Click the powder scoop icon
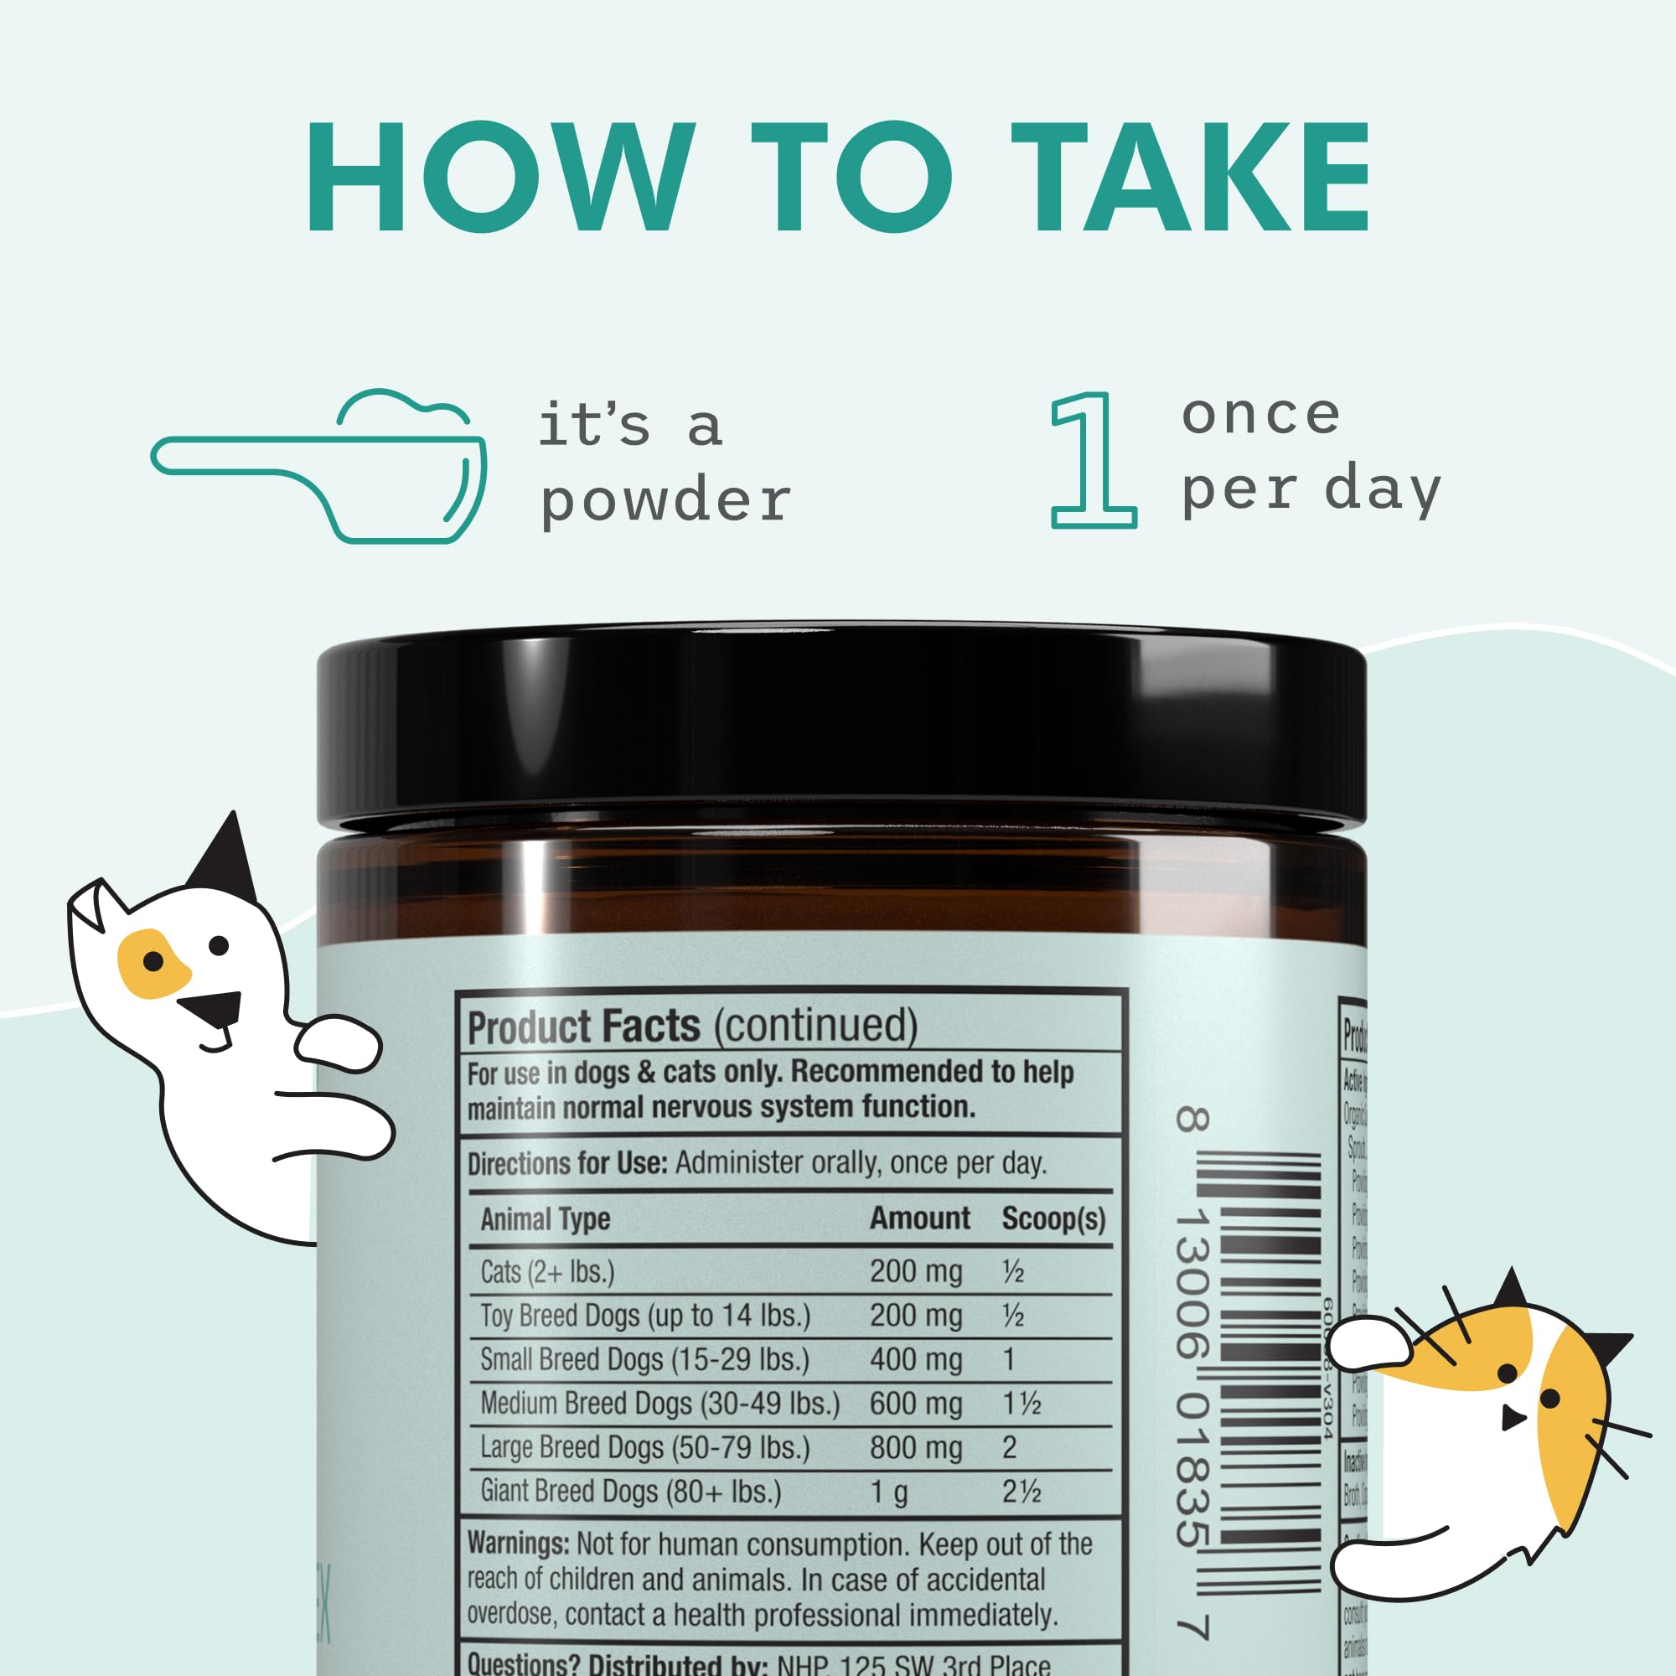[x=319, y=468]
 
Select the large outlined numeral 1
[x=1092, y=461]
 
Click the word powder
[x=665, y=501]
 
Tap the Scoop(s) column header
[x=1053, y=1218]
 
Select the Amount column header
[x=919, y=1218]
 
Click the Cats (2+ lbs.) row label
[x=547, y=1273]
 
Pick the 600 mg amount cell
[x=915, y=1404]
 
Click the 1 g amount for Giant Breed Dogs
[x=888, y=1492]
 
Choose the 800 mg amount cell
[x=915, y=1448]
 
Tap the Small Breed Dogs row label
[x=644, y=1359]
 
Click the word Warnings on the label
[x=518, y=1545]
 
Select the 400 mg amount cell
[x=915, y=1359]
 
